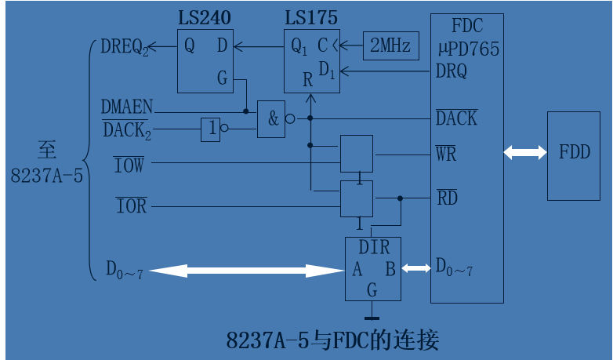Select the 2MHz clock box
[390, 46]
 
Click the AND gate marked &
[272, 119]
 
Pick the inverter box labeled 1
[210, 128]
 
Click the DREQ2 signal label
[125, 47]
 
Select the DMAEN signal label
[127, 105]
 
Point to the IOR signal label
[131, 207]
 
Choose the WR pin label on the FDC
[446, 153]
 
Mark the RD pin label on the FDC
[446, 198]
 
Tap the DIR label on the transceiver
[373, 248]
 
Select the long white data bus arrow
[246, 271]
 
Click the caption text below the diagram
[332, 341]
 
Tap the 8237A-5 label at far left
[46, 176]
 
